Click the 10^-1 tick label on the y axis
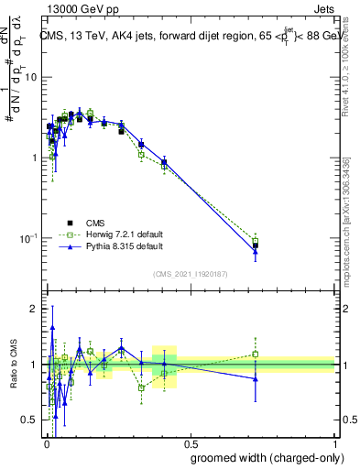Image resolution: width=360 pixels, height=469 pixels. click(x=27, y=239)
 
